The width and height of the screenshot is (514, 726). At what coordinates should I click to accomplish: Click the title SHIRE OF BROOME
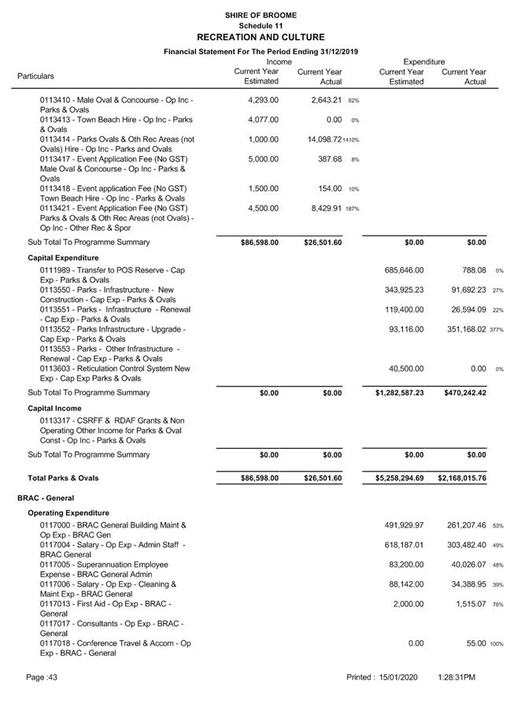point(260,15)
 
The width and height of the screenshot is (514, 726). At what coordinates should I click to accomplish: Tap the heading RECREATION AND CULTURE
point(260,37)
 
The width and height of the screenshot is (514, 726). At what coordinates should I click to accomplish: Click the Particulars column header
point(35,76)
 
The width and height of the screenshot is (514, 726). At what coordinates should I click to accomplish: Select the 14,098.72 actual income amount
point(319,139)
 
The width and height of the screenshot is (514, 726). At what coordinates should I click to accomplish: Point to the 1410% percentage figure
point(350,140)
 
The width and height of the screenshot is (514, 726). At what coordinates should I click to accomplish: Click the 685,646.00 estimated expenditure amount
point(401,270)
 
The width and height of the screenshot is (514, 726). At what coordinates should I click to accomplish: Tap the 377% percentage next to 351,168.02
point(497,330)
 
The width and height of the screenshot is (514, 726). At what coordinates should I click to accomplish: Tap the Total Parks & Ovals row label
point(63,478)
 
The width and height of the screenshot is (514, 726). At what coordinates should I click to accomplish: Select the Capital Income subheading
point(54,409)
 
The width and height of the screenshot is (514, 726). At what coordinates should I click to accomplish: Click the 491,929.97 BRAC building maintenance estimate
point(401,525)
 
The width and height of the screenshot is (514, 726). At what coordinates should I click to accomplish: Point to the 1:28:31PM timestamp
point(457,677)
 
